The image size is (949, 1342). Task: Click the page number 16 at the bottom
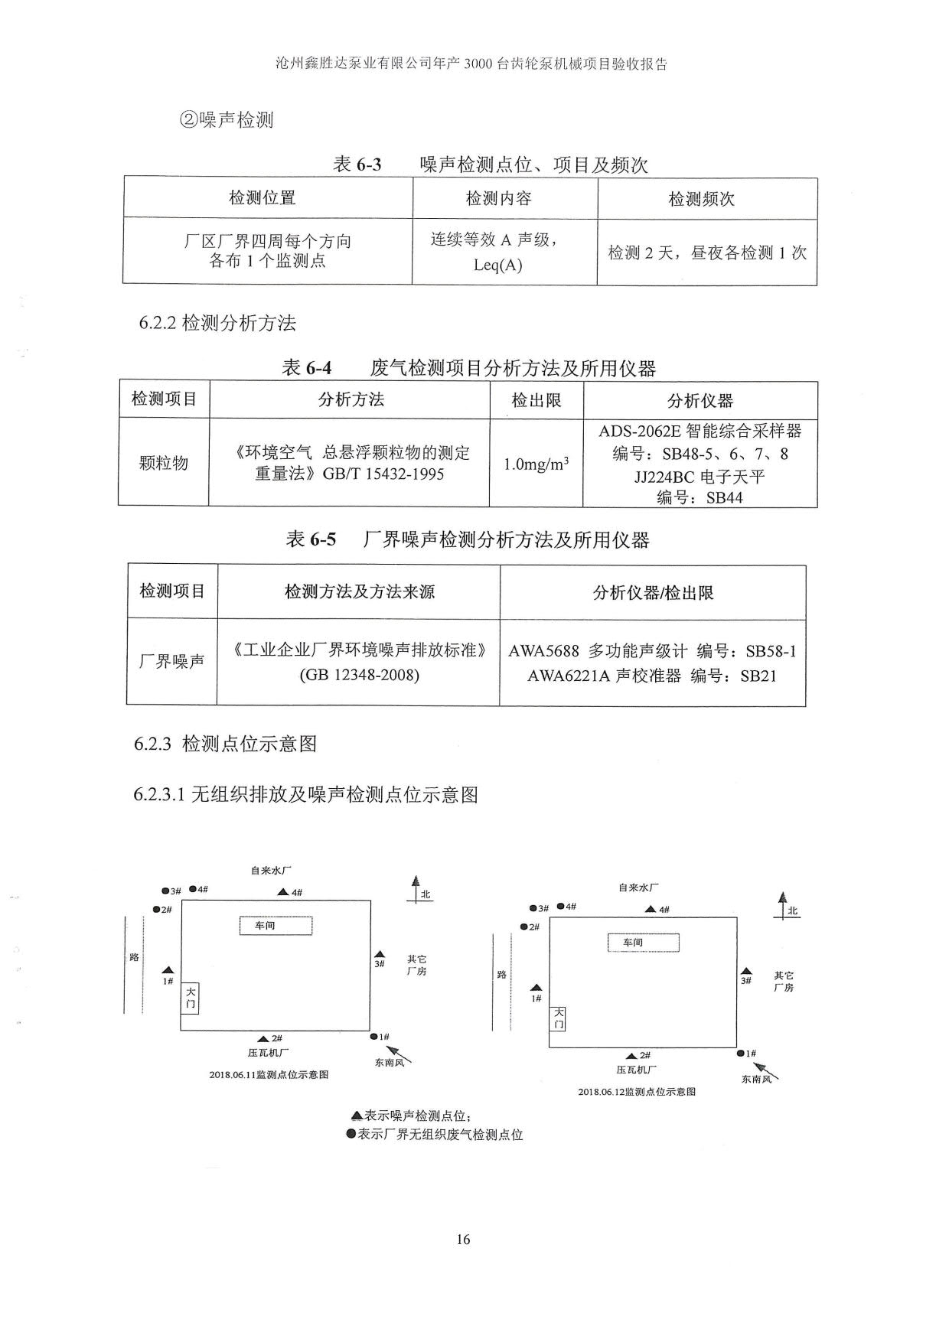[463, 1239]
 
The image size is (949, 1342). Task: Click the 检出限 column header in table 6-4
[536, 400]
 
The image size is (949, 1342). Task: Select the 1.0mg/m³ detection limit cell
[536, 464]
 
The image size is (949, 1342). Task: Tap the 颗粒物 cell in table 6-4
[163, 463]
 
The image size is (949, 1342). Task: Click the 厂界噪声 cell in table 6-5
[171, 661]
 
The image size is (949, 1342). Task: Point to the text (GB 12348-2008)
[360, 676]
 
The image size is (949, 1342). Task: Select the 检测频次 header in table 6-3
[702, 199]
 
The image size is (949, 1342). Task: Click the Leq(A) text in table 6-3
[498, 265]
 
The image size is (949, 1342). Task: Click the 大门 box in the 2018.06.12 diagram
[559, 1018]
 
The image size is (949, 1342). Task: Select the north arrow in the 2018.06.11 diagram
[416, 889]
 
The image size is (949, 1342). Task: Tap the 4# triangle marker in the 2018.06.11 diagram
[282, 892]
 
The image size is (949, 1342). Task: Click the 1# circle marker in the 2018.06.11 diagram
[373, 1037]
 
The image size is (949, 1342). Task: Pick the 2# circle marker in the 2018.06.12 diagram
[523, 927]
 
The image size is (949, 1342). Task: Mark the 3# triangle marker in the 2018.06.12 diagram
[746, 972]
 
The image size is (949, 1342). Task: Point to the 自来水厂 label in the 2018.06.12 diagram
[639, 888]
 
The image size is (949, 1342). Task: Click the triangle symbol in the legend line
[357, 1116]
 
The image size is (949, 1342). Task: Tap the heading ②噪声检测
[227, 119]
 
